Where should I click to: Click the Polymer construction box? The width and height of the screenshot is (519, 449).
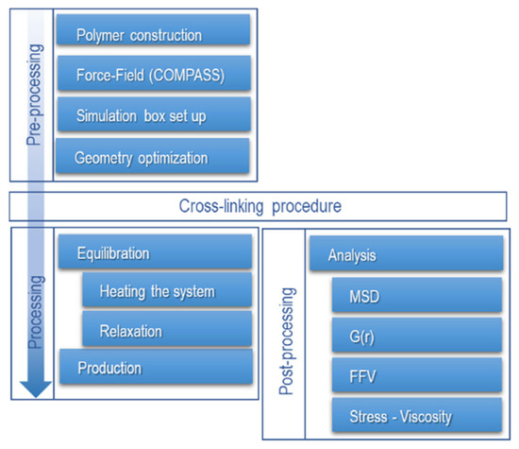(153, 29)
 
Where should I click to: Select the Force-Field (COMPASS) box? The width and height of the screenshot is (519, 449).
(154, 73)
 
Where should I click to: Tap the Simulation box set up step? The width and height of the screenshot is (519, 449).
(154, 114)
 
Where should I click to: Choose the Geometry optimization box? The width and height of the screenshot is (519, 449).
(153, 156)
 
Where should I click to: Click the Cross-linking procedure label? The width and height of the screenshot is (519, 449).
(260, 206)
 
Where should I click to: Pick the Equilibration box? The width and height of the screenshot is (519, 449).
(156, 251)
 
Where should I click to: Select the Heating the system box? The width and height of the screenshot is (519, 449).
(167, 289)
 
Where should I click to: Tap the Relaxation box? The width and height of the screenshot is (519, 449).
(167, 329)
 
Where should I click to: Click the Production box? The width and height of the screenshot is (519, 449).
(157, 367)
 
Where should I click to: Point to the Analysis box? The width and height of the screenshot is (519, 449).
(407, 253)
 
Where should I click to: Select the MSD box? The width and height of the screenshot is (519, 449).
(417, 295)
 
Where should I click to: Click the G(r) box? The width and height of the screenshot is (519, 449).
(417, 335)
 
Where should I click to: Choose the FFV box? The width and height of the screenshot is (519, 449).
(417, 374)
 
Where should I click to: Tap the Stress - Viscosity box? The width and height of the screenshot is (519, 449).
(417, 415)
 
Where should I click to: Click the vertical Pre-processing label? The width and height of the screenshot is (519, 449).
(34, 95)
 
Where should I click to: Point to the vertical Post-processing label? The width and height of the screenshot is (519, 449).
(287, 341)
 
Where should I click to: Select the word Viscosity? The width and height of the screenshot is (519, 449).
(426, 417)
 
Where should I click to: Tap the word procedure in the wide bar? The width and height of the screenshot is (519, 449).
(307, 207)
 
